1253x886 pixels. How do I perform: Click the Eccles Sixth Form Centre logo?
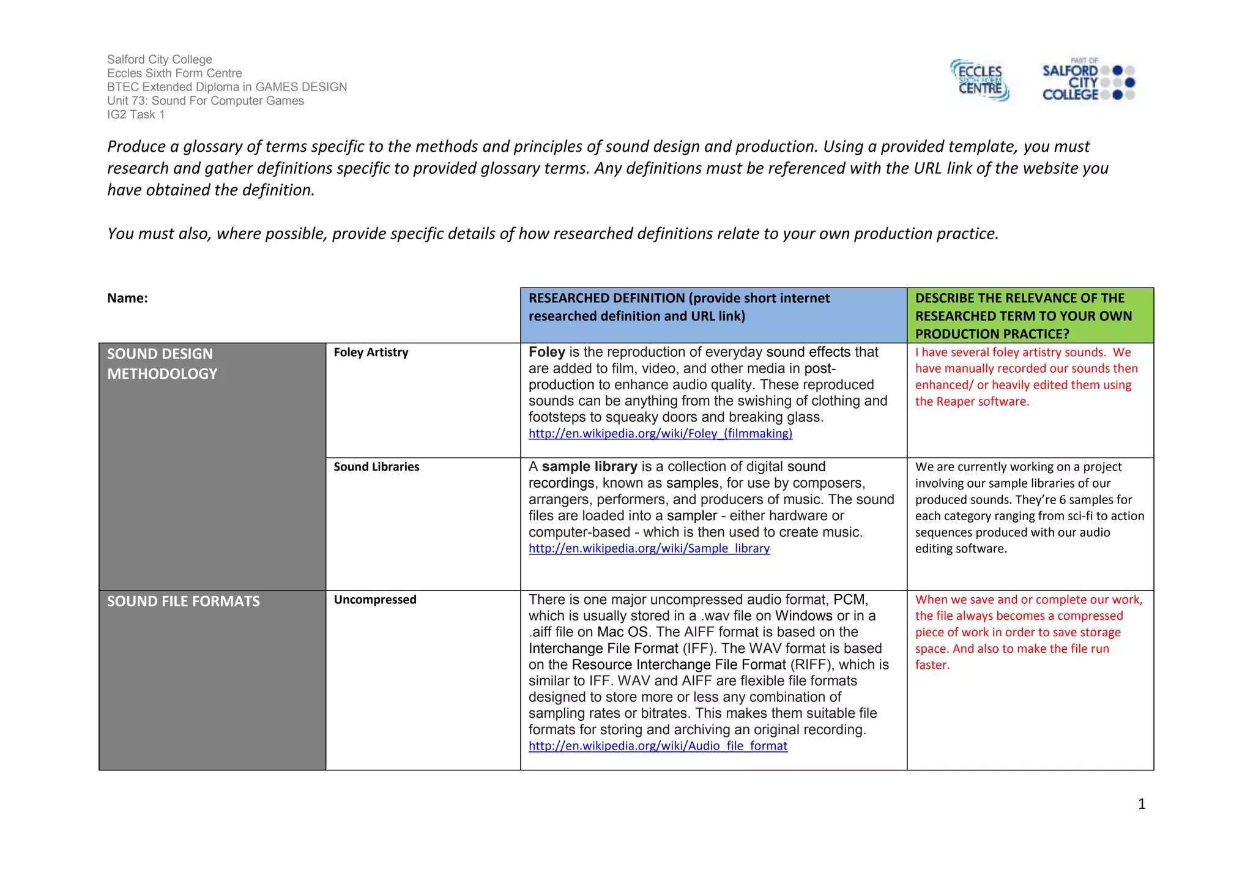click(x=980, y=80)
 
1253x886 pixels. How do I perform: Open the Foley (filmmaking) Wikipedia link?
click(x=660, y=434)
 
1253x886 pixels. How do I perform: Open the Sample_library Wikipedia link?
click(x=649, y=549)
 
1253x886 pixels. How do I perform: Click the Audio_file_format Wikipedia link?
click(x=658, y=746)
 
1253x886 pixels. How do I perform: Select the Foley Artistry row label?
click(x=371, y=352)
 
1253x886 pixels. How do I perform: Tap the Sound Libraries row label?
click(x=376, y=467)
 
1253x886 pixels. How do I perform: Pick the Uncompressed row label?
click(x=375, y=600)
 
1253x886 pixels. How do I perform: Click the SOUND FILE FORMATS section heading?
click(x=183, y=601)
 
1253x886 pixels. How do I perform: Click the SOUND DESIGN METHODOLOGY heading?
click(x=162, y=363)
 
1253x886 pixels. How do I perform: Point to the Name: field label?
click(x=127, y=298)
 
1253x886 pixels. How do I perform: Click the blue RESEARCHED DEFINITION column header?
click(x=679, y=307)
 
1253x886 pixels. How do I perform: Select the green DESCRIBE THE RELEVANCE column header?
click(x=1023, y=316)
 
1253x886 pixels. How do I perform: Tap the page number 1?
click(x=1141, y=804)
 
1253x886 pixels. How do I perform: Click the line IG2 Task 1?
click(x=136, y=115)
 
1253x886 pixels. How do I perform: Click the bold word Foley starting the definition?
click(x=546, y=352)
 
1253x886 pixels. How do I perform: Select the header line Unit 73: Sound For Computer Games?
click(x=205, y=101)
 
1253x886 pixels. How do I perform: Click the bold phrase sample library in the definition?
click(x=589, y=467)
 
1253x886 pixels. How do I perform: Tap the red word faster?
click(x=932, y=665)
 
